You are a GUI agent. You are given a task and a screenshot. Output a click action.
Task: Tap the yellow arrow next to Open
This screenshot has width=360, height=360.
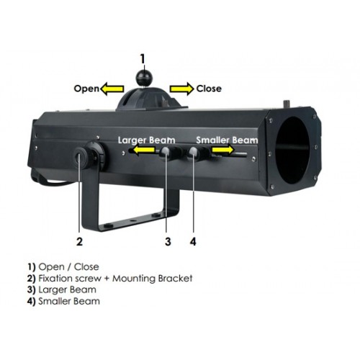point(112,89)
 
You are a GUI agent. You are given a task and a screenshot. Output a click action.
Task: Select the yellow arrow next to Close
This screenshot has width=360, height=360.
point(181,89)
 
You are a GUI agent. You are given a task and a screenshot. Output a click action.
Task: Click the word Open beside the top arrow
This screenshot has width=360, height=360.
point(86,89)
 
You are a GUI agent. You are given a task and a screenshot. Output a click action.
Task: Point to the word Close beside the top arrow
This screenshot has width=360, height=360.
point(209,89)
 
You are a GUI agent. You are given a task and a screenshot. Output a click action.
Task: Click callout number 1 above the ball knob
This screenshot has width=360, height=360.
point(143,59)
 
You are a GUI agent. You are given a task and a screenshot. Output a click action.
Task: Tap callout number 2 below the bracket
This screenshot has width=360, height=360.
point(79,241)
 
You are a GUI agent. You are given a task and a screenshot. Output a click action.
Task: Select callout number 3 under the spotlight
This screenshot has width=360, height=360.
point(168,241)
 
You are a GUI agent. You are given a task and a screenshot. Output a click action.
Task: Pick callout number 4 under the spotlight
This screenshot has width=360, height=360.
point(193,241)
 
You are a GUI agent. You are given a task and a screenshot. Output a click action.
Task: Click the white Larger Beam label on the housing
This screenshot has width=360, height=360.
point(146,140)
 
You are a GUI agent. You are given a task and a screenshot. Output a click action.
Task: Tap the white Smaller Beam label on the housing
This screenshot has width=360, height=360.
point(227,140)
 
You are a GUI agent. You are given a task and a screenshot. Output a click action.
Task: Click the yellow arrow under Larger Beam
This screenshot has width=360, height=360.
point(144,150)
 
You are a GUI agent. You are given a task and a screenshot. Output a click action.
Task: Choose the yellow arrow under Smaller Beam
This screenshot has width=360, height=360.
point(222,150)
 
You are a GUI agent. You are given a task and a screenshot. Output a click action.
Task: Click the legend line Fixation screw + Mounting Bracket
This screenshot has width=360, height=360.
point(109,279)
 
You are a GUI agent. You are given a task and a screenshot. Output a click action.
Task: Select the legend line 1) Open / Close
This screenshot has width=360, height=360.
point(63,267)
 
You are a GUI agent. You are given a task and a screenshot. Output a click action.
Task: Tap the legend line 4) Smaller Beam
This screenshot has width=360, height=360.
point(63,301)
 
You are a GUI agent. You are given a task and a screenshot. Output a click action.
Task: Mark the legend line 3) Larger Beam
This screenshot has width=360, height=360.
point(62,290)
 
